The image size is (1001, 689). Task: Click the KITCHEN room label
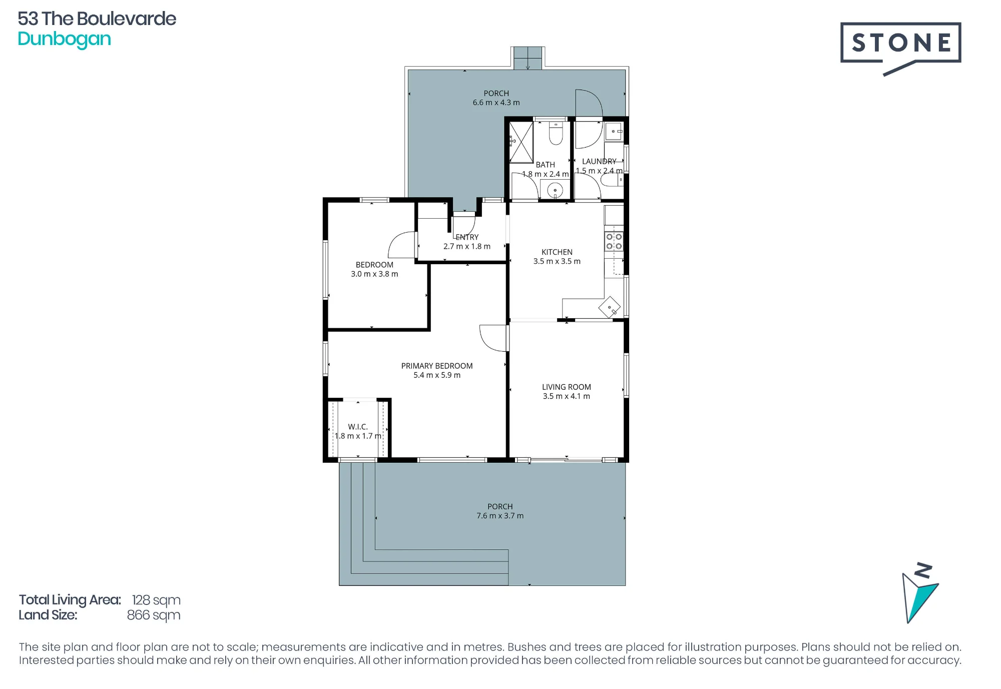(557, 252)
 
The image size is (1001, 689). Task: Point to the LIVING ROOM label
(566, 387)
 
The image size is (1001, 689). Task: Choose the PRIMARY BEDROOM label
(436, 366)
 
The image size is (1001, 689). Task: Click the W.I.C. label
(358, 427)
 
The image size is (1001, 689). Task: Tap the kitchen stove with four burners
(614, 241)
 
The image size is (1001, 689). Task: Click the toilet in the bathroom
(556, 132)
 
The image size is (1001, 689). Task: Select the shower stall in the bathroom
(521, 142)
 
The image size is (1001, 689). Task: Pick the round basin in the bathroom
(555, 190)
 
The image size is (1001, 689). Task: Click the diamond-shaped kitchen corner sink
(610, 307)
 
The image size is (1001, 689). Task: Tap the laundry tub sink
(614, 132)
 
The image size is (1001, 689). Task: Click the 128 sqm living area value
(156, 600)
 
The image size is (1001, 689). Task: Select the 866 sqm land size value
(154, 615)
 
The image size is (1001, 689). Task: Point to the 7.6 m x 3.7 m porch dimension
(500, 516)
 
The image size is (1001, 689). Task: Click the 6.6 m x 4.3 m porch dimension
(496, 103)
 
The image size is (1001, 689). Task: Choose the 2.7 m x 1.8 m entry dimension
(466, 246)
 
